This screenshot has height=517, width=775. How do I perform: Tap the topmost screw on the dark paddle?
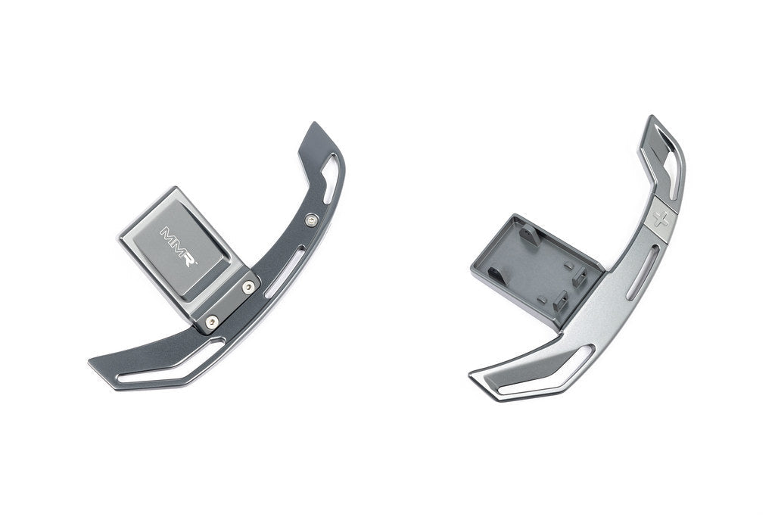point(311,220)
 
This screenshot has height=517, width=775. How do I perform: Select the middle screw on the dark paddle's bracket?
point(248,287)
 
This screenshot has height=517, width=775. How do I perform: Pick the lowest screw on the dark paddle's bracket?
point(212,322)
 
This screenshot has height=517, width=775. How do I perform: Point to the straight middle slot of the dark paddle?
point(285,273)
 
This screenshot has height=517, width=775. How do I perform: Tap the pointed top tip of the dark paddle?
point(313,123)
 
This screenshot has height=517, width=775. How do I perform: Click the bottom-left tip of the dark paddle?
point(89,363)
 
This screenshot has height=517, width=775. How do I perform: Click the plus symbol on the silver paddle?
point(661,219)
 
